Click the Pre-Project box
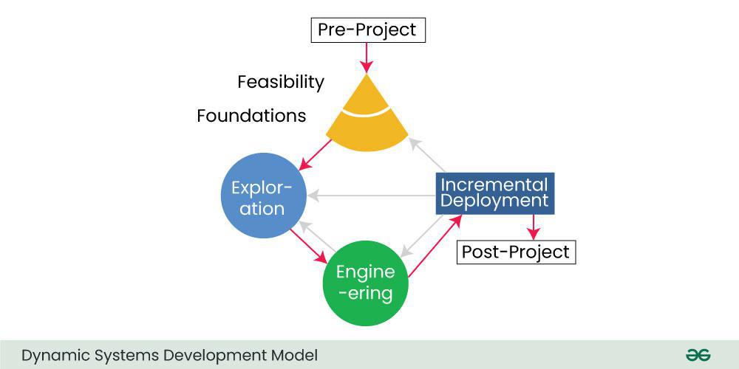(368, 30)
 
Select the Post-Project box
(516, 252)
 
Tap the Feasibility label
(281, 83)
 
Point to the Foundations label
(252, 116)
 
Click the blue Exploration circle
(264, 196)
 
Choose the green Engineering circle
(365, 283)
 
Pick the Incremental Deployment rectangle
(495, 193)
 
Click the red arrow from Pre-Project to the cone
(367, 58)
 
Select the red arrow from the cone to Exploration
(316, 154)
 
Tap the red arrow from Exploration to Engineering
(308, 246)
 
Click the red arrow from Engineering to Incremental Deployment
(435, 246)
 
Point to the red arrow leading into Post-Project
(533, 227)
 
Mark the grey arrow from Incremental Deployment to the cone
(426, 154)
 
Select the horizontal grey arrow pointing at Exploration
(372, 195)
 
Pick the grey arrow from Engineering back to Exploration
(318, 236)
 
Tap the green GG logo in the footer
(698, 355)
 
